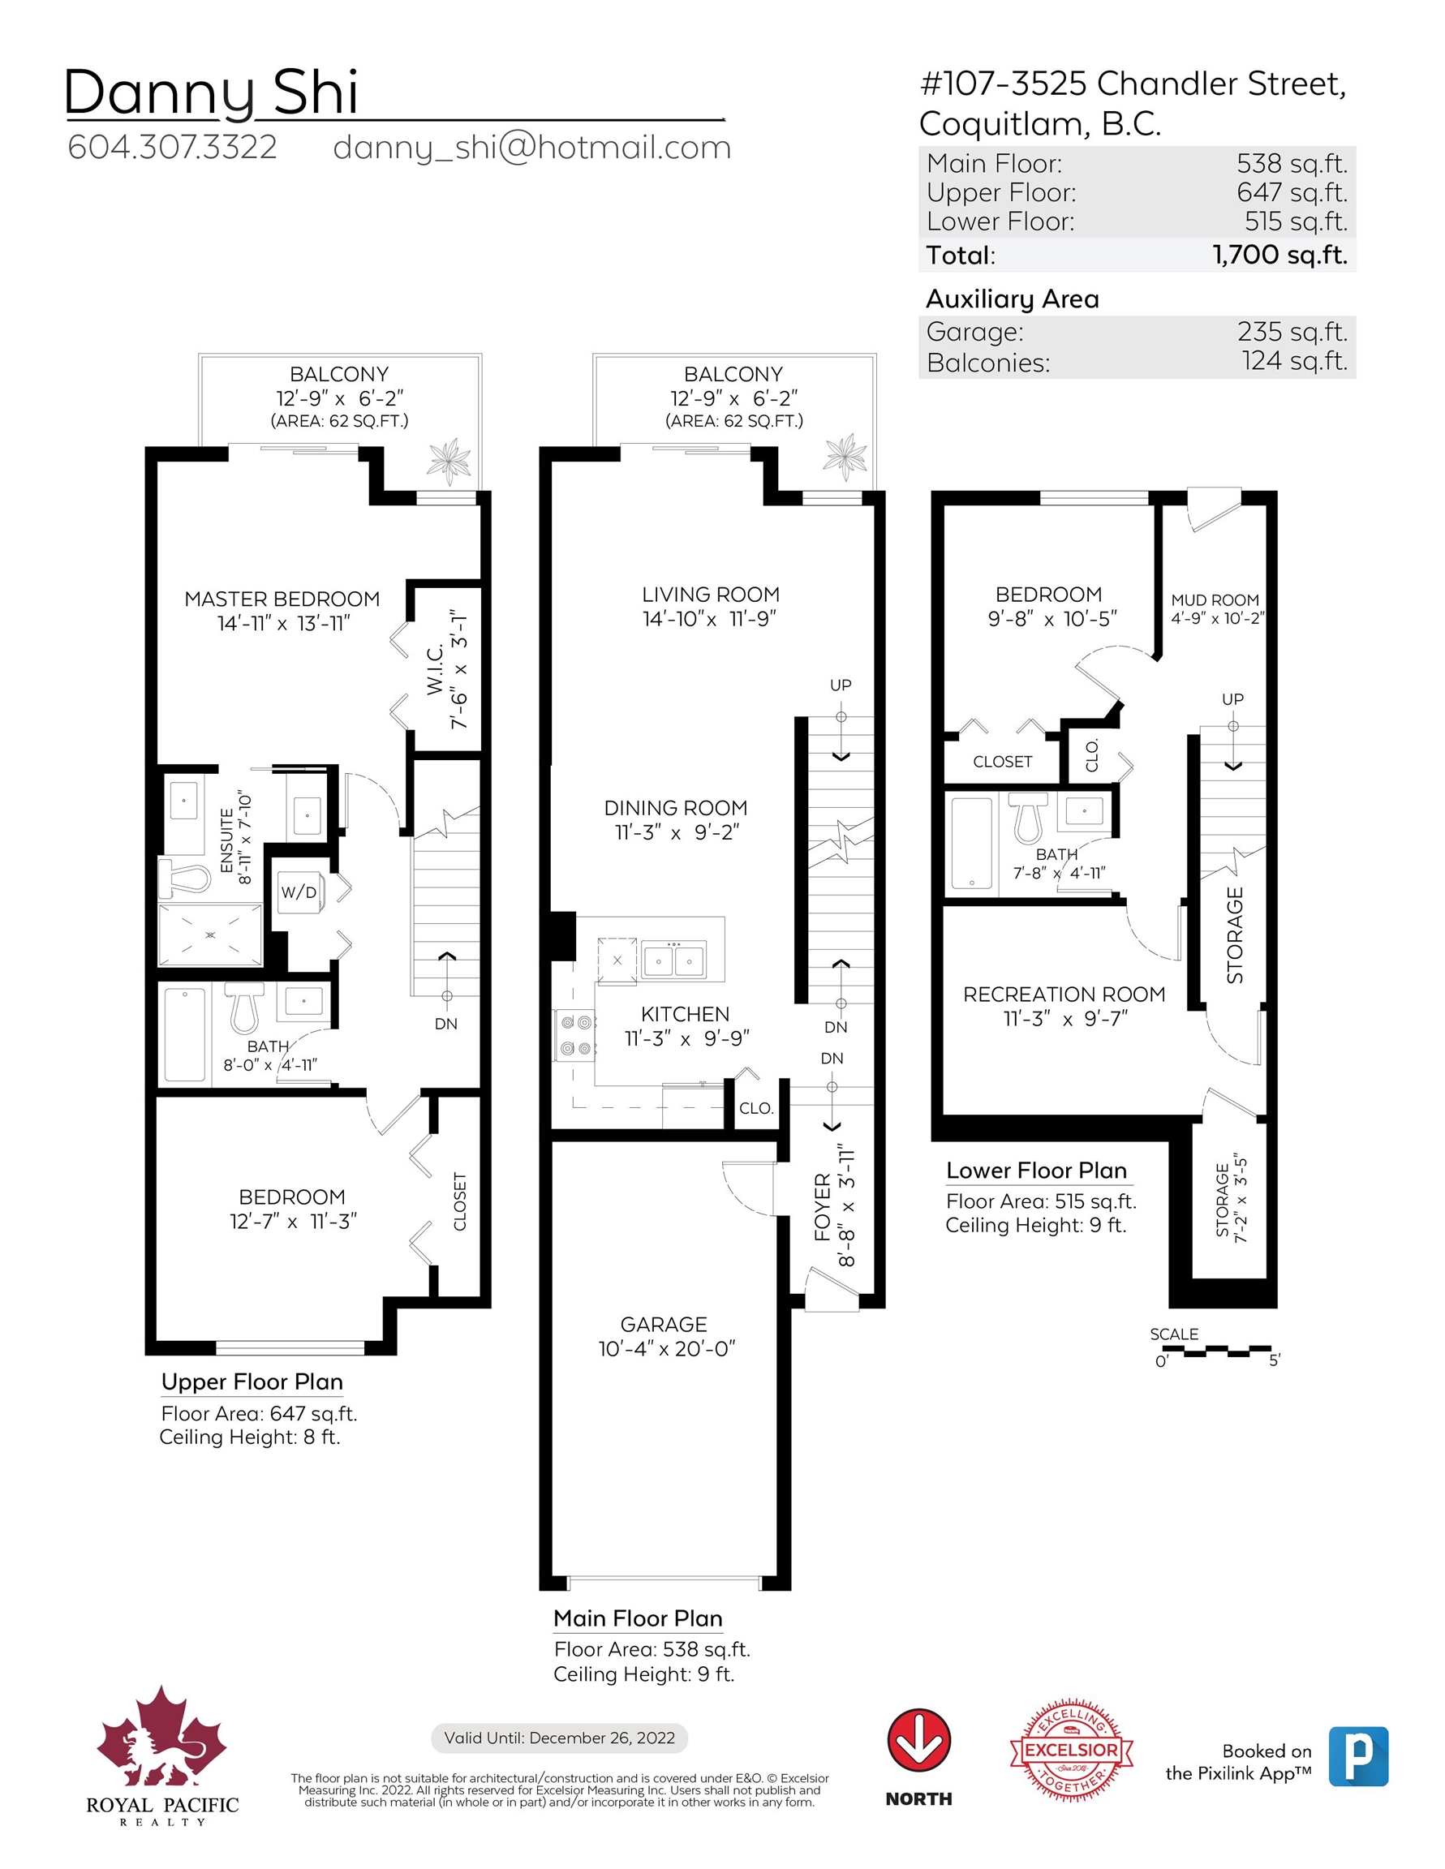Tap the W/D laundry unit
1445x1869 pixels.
tap(299, 892)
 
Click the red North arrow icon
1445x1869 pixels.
tap(918, 1740)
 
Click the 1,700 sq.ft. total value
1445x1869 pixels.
tap(1279, 255)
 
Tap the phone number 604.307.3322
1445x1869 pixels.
tap(172, 147)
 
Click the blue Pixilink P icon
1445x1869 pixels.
tap(1358, 1757)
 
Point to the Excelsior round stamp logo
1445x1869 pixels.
tap(1072, 1749)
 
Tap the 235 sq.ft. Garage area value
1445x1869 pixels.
tap(1292, 331)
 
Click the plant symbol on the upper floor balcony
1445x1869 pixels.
tap(449, 462)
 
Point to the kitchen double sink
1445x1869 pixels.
tap(673, 960)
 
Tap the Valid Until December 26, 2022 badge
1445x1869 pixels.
tap(559, 1738)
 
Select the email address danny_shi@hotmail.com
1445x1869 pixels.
tap(531, 147)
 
